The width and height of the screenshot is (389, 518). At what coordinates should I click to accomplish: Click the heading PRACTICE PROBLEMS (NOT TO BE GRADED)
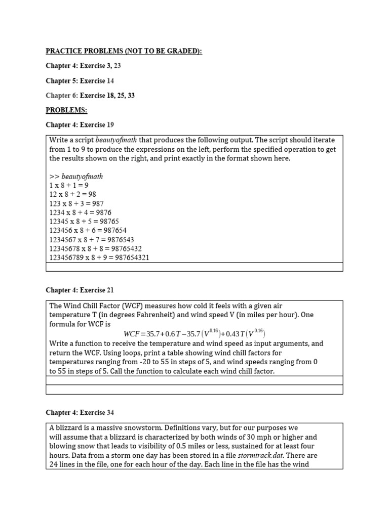point(124,51)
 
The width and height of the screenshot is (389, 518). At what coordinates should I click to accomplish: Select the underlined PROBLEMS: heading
point(66,110)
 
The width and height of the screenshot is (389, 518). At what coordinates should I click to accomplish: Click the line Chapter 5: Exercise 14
point(80,80)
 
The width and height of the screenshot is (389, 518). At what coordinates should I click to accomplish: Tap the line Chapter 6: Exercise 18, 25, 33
point(90,95)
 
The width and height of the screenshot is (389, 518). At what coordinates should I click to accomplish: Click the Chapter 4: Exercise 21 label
point(80,290)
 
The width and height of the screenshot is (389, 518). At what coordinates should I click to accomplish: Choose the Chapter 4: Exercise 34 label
point(80,412)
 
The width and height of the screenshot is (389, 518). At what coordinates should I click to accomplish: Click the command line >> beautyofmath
point(76,176)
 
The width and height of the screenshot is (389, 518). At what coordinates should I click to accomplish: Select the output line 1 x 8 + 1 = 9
point(69,185)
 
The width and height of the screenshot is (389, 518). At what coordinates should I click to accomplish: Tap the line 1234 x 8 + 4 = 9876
point(80,212)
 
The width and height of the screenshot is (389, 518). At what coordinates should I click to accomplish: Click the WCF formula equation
point(194,333)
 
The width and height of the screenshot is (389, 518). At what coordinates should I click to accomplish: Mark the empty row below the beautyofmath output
point(194,267)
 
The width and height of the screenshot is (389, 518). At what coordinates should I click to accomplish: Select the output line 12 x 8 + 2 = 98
point(72,194)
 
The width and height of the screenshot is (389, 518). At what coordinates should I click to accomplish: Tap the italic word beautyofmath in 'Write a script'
point(116,140)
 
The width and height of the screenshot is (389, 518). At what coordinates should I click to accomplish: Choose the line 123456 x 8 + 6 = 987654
point(88,230)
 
